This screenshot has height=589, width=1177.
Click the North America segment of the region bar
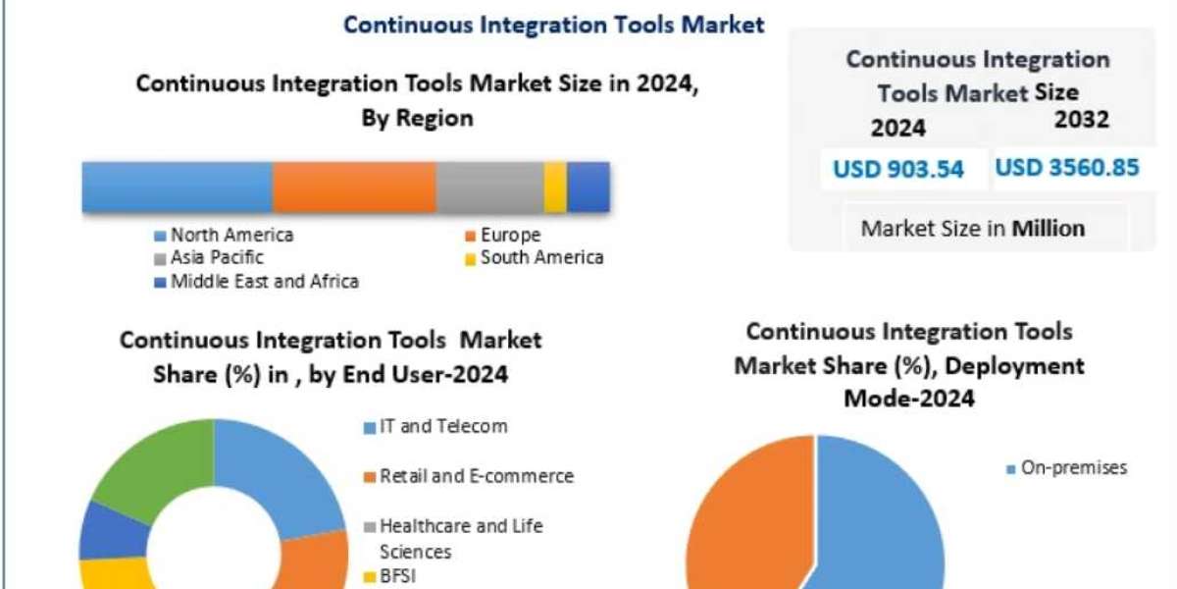coord(177,187)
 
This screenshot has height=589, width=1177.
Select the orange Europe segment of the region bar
coord(354,187)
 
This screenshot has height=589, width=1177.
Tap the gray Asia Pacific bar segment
coord(489,187)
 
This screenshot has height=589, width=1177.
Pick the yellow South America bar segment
coord(555,187)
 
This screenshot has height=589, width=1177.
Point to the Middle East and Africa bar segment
coord(588,187)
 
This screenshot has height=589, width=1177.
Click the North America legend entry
coord(231,235)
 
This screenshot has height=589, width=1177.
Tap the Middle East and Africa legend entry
coord(264,282)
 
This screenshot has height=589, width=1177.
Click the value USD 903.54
coord(898,169)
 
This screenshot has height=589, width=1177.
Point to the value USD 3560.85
coord(1067,167)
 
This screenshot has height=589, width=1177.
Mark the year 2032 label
coord(1082,120)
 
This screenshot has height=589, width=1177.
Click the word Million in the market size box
coord(1049,229)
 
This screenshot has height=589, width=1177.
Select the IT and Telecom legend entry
coord(443,426)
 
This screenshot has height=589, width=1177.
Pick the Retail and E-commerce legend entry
coord(476,476)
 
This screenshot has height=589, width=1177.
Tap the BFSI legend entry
coord(397,575)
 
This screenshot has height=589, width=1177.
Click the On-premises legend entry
coord(1073,468)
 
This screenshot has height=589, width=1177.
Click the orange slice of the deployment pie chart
coord(745,520)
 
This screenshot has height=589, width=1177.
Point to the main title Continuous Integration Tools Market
coord(553,25)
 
